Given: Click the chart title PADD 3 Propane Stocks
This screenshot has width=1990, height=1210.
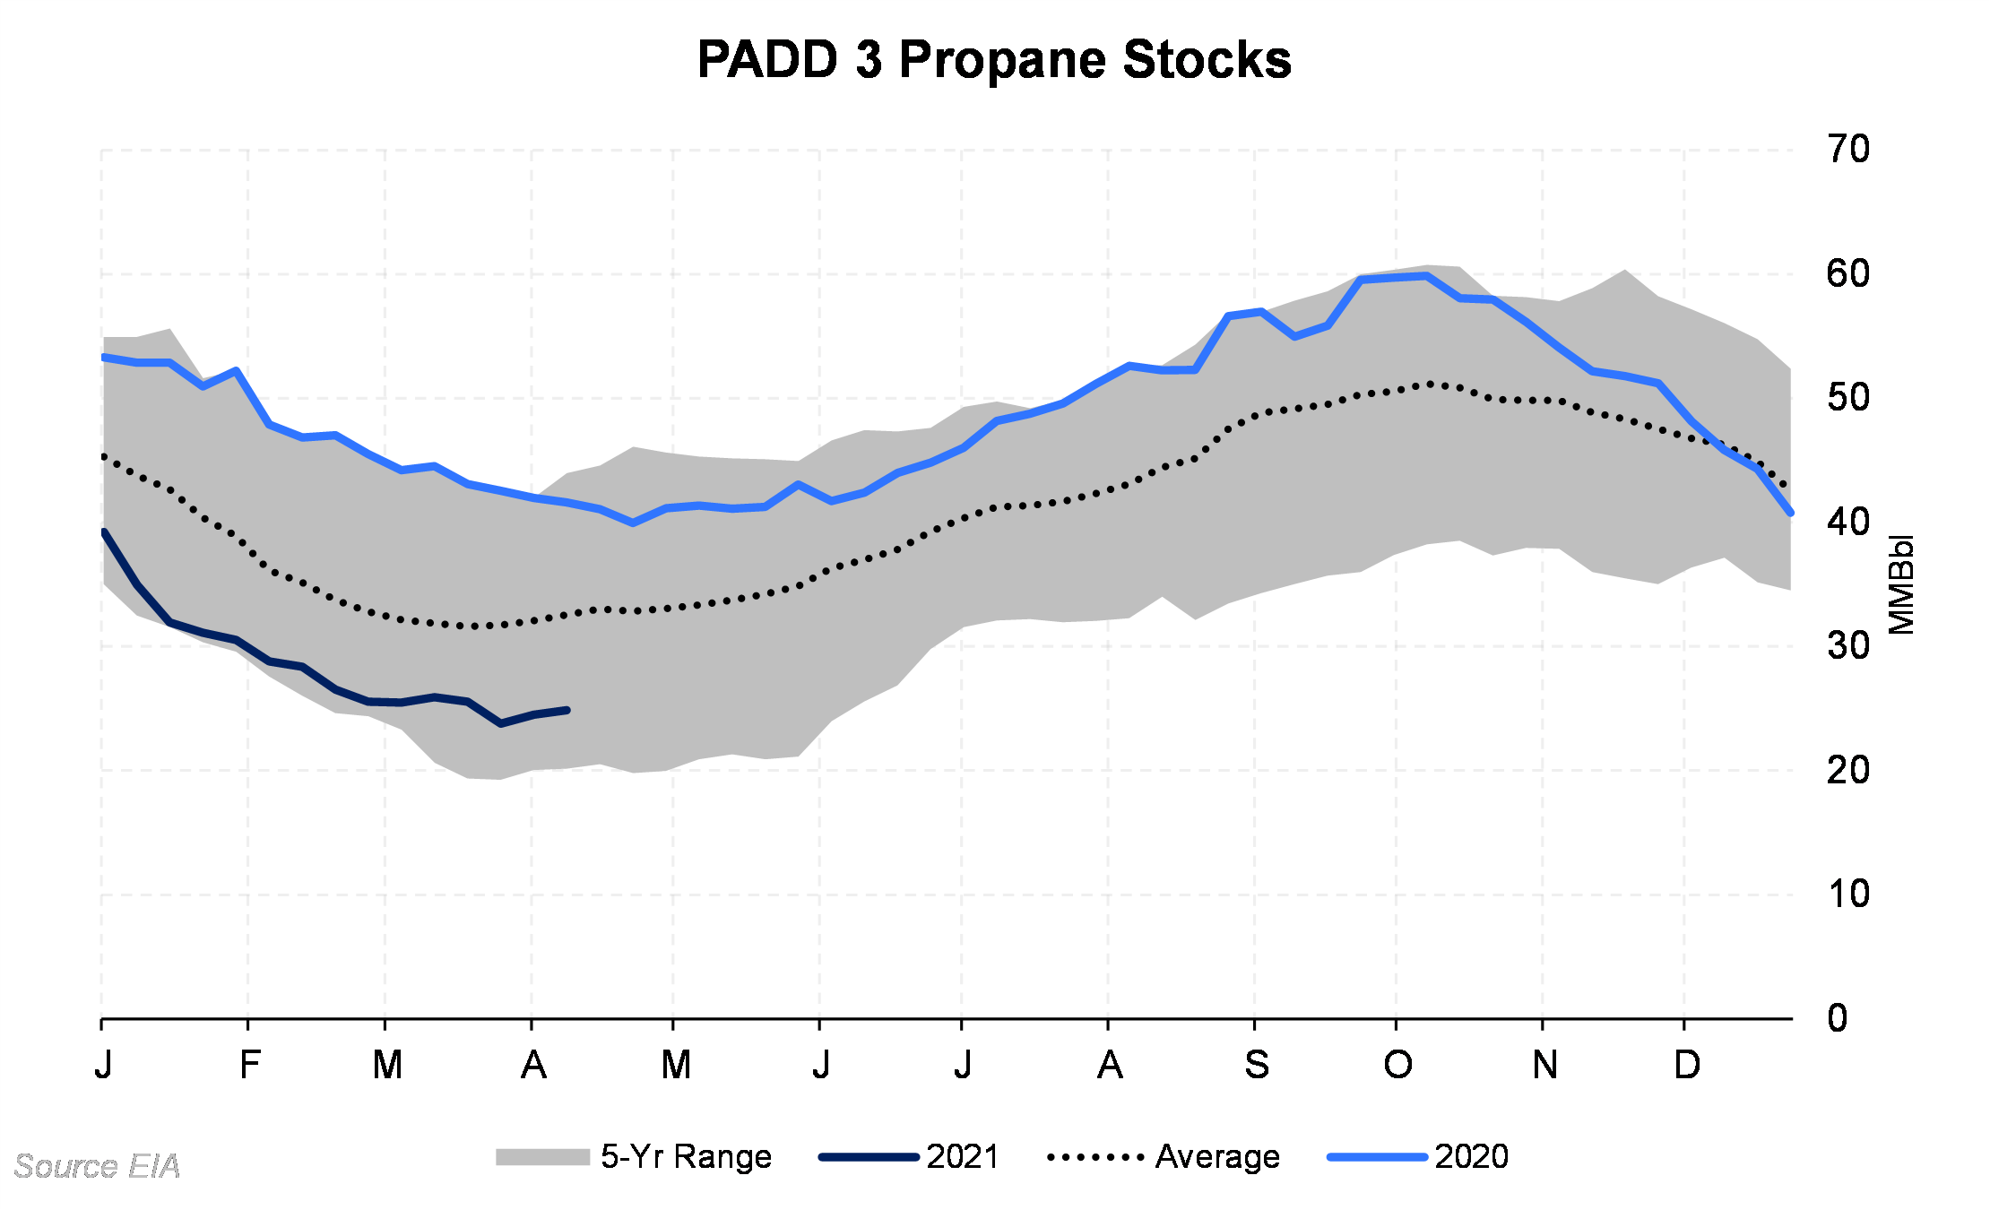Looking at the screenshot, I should (x=994, y=60).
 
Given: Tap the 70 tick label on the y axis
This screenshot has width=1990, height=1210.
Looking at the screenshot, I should (x=1848, y=149).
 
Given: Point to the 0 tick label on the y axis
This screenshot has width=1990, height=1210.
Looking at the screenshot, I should (x=1838, y=1018).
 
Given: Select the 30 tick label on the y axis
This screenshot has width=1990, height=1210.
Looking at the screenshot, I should (x=1848, y=645).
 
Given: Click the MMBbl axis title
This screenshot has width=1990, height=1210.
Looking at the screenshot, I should (x=1901, y=585).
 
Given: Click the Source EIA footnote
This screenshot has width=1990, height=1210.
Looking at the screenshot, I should (x=97, y=1166).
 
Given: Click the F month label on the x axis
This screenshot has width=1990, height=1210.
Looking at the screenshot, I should (x=249, y=1065).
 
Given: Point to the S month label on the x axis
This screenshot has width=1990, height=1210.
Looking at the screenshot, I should (x=1257, y=1065).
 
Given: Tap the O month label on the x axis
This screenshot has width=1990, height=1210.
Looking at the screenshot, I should (x=1397, y=1065).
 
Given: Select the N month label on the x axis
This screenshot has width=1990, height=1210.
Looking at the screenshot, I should (x=1544, y=1065).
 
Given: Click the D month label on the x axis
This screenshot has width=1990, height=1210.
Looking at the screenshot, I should (x=1687, y=1065).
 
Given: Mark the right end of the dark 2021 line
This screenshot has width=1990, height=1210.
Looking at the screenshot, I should (x=567, y=710).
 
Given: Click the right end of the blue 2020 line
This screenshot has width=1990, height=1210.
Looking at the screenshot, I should (x=1790, y=513).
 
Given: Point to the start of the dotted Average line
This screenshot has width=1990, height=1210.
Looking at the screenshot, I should (x=104, y=456).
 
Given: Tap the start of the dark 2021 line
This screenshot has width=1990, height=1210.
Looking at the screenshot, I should (x=104, y=532).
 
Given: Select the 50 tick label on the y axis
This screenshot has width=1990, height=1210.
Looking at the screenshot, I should (x=1848, y=397).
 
